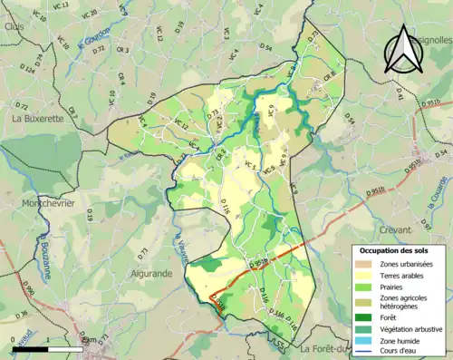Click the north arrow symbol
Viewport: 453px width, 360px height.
(x=404, y=50)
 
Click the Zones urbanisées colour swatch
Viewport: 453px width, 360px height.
(x=364, y=264)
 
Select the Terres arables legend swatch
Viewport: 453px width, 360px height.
(x=364, y=276)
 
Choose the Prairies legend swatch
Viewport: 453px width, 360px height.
(x=364, y=287)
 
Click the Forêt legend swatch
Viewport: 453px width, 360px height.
(x=364, y=317)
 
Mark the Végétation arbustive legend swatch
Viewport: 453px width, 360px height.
(x=364, y=328)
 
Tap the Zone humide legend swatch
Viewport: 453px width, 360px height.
(x=364, y=340)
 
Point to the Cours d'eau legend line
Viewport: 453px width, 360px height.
(x=364, y=351)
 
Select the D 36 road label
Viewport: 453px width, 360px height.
(x=23, y=314)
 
